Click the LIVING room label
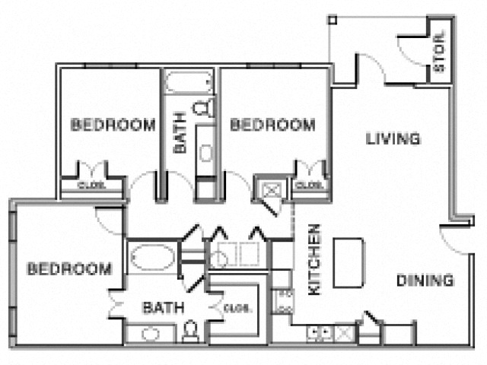[393, 139]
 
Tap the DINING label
[425, 281]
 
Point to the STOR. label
[439, 56]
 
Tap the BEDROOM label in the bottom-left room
[70, 269]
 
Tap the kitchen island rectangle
[350, 261]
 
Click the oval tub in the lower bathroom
[152, 259]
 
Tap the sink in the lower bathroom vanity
[150, 333]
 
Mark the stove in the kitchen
[283, 300]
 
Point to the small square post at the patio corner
[332, 19]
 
